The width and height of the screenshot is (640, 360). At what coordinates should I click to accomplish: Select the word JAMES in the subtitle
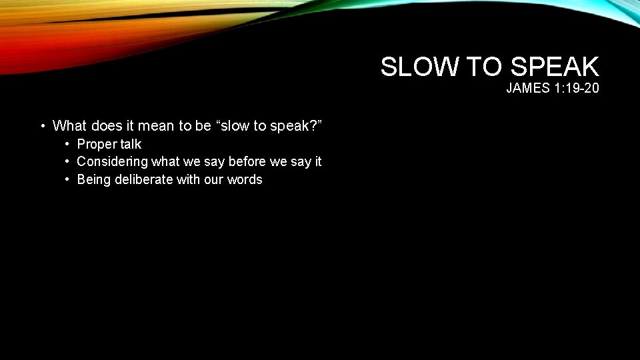[528, 88]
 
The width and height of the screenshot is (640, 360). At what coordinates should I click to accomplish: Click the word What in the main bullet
[69, 125]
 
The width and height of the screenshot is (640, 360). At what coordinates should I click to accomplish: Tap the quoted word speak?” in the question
[299, 125]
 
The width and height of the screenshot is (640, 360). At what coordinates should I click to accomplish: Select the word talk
[131, 144]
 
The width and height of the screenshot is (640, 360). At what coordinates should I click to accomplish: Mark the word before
[246, 161]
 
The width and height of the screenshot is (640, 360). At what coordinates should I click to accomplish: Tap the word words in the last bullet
[245, 179]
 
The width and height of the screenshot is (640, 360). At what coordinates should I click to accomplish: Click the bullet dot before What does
[43, 125]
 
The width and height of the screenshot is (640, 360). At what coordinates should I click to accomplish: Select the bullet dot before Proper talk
[68, 144]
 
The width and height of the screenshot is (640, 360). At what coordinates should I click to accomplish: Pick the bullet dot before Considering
[68, 161]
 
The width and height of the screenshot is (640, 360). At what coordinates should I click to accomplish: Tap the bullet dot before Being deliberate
[68, 179]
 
